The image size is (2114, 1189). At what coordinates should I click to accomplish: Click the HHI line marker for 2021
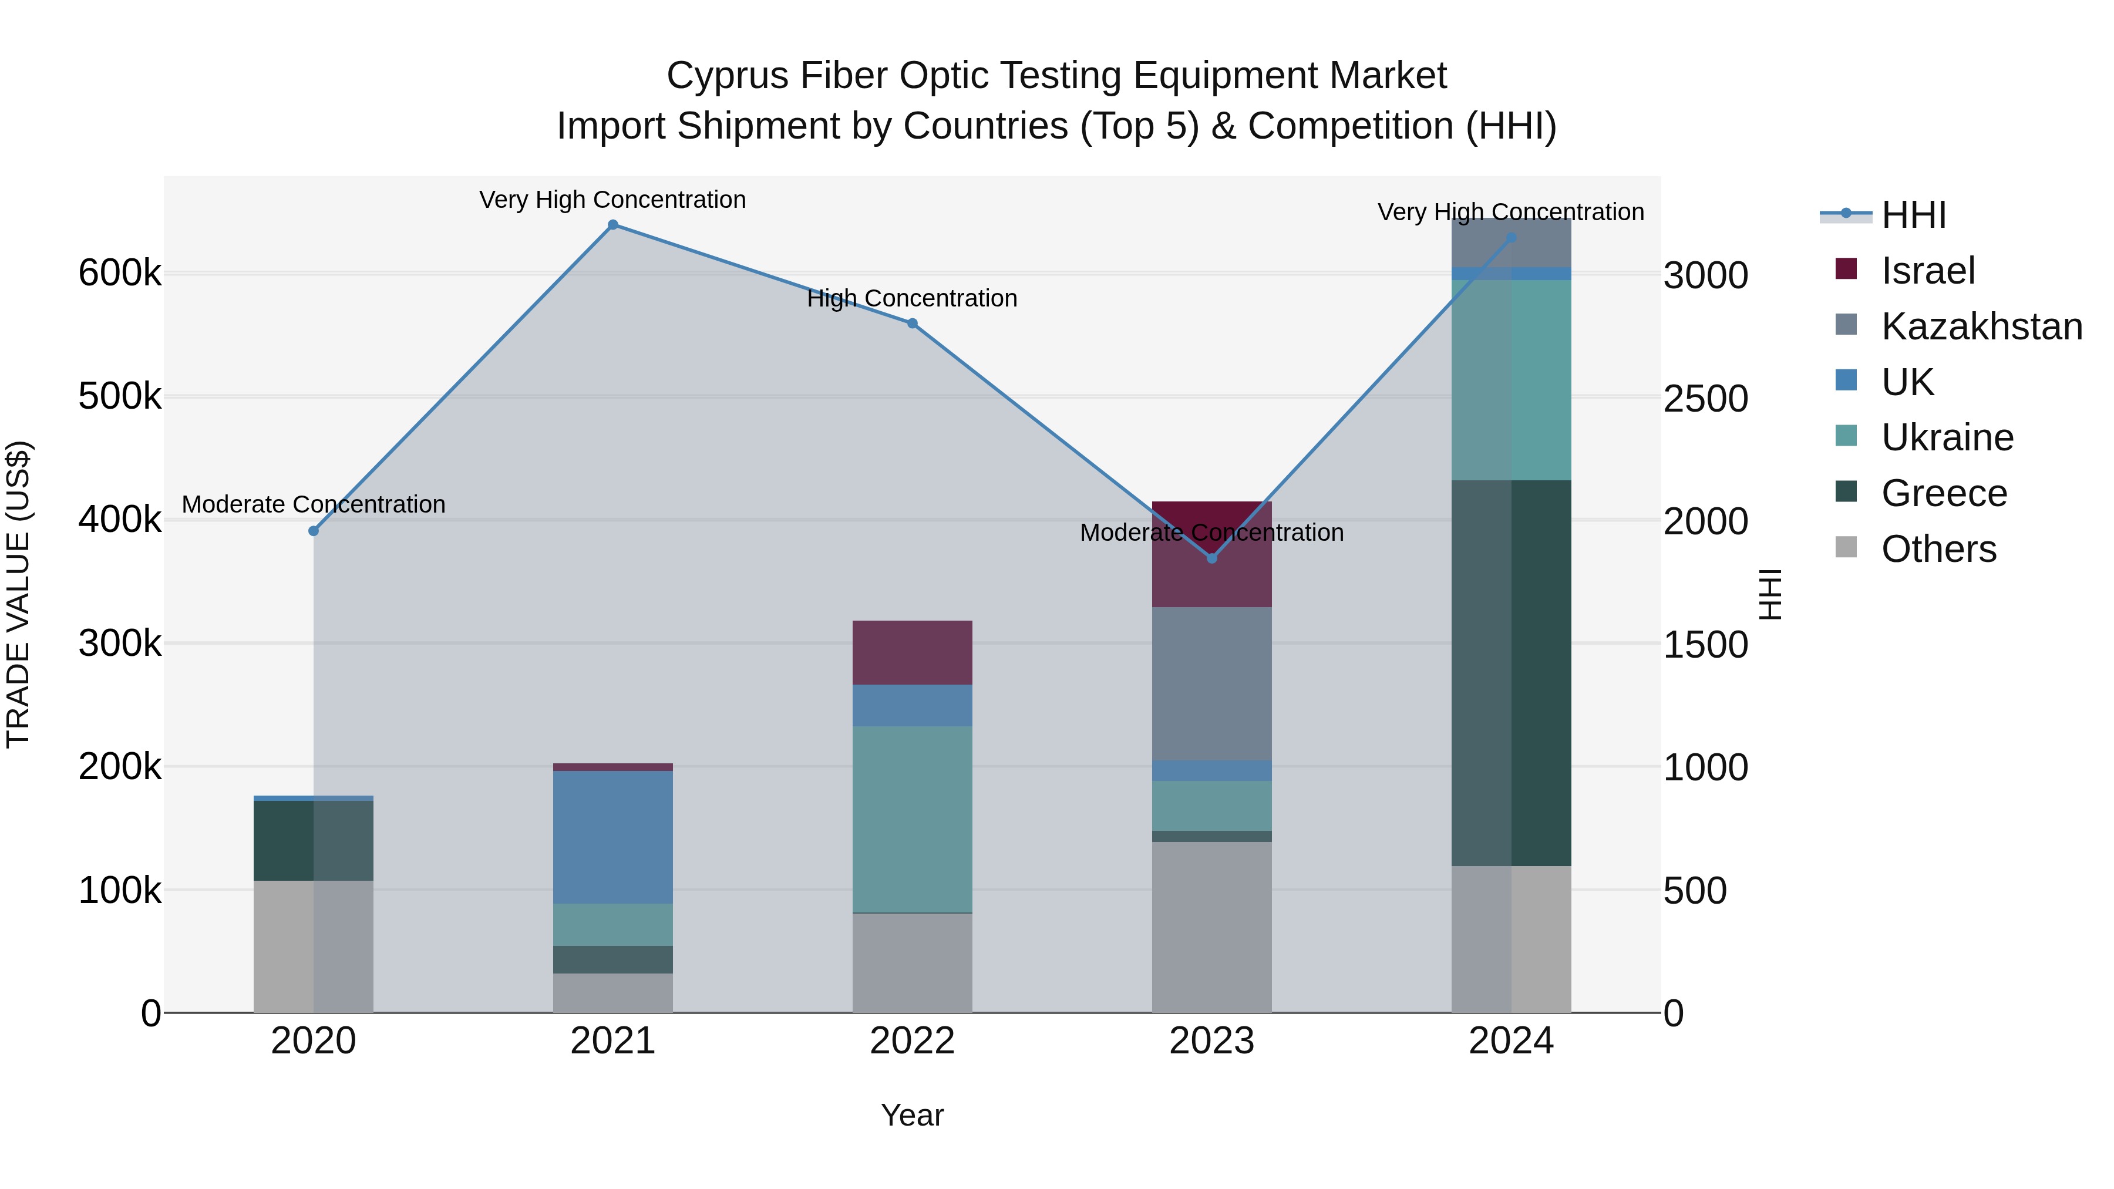point(613,225)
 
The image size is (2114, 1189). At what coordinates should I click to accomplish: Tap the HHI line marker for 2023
point(1212,558)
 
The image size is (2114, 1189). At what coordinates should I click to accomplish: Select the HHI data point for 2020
point(314,531)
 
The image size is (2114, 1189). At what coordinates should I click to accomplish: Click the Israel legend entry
point(1928,271)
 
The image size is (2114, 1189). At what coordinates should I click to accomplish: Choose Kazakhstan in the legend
point(1981,326)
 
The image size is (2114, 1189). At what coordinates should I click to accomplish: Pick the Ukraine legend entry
point(1947,437)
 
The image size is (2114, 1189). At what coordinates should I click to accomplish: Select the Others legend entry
point(1938,549)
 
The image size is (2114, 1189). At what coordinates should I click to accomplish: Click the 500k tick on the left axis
point(120,397)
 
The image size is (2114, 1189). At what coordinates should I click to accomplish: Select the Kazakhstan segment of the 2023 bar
point(1212,683)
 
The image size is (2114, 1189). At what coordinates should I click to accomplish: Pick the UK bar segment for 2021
point(613,837)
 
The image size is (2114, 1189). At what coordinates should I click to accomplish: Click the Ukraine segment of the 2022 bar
point(912,819)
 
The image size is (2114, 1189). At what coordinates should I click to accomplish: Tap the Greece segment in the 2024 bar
point(1511,673)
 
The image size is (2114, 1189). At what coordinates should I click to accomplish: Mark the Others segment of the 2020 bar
point(314,946)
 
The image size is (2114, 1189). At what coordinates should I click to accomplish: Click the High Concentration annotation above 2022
point(912,299)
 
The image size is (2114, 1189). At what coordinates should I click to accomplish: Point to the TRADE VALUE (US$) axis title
point(18,594)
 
